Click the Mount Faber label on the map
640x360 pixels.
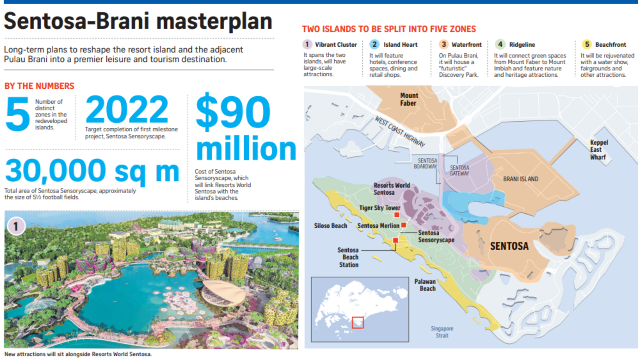409,99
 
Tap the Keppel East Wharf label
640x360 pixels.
598,150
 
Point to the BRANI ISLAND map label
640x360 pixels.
520,179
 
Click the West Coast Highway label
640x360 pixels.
400,131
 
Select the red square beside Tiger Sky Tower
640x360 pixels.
397,215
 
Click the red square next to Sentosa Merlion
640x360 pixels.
403,225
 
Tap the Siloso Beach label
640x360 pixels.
330,226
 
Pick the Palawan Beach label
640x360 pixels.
425,285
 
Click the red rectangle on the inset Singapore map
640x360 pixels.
357,322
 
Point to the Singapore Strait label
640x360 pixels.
442,332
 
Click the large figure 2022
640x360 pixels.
127,109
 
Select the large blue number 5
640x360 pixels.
17,114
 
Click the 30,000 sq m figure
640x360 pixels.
92,171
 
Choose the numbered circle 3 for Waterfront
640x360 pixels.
443,44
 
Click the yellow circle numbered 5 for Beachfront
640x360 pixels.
587,44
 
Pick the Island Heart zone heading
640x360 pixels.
400,45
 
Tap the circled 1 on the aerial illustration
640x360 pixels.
16,226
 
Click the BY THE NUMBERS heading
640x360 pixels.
39,86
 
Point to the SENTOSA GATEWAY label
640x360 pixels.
459,170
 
